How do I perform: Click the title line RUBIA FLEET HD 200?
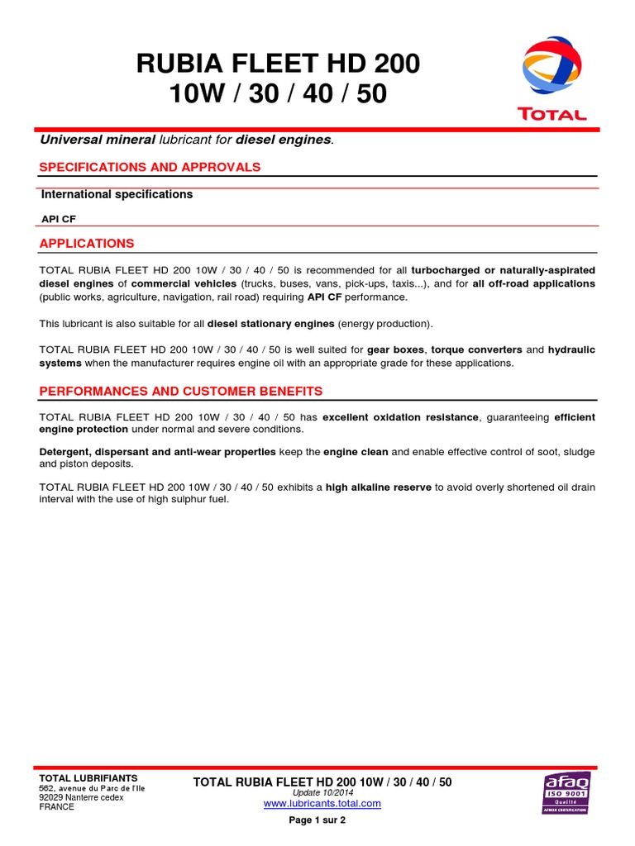pos(279,64)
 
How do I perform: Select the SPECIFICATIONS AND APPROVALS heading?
pos(150,167)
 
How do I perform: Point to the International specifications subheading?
pos(117,194)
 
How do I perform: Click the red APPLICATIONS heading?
pos(87,244)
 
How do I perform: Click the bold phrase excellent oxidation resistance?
pos(400,417)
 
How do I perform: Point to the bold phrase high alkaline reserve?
pos(379,487)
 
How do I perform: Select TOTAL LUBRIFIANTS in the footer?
pos(88,778)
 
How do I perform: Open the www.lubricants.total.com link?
pos(322,803)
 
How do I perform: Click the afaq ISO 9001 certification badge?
pos(565,792)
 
